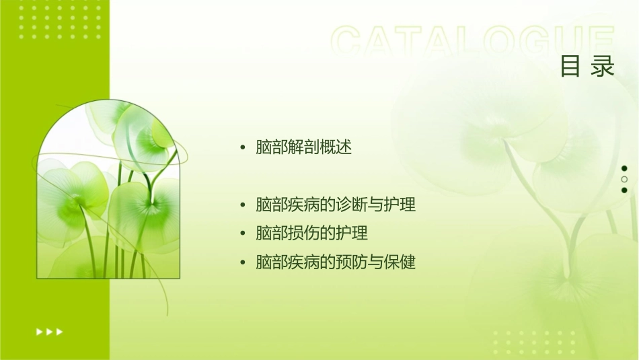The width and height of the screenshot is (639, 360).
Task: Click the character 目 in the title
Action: click(x=570, y=67)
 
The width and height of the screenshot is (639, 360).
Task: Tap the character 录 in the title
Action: click(x=603, y=67)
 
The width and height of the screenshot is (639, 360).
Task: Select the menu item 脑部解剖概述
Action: click(x=304, y=147)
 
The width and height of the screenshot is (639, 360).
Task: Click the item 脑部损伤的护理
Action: click(x=312, y=233)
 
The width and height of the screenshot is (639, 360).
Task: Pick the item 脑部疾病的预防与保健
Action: click(x=336, y=262)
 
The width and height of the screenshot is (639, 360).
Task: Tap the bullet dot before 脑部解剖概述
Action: click(x=243, y=148)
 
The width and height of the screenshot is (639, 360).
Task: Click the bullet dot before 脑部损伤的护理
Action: click(x=243, y=234)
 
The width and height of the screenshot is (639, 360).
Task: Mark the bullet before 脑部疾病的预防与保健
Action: click(x=243, y=262)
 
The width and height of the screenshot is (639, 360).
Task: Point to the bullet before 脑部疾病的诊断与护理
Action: click(x=243, y=205)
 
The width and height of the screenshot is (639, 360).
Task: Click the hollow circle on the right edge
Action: click(x=624, y=179)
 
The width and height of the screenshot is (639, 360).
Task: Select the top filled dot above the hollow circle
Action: click(x=624, y=168)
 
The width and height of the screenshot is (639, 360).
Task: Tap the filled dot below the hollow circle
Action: click(x=624, y=190)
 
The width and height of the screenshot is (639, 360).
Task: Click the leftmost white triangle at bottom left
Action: click(x=39, y=331)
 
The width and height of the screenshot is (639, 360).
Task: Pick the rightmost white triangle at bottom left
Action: click(x=60, y=331)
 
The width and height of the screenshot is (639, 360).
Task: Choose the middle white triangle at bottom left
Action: click(x=49, y=331)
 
